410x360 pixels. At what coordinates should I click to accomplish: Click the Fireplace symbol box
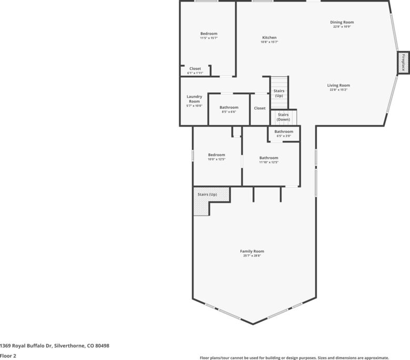tap(403, 63)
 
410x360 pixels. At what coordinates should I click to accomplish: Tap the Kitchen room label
tap(269, 38)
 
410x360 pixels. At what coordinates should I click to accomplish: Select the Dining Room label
tap(342, 22)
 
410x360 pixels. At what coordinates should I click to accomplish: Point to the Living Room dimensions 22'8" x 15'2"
tap(339, 90)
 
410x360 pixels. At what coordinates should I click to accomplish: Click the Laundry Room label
tap(194, 99)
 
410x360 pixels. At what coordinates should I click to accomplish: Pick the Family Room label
tap(252, 251)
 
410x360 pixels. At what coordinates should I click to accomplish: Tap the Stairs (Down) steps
tap(283, 117)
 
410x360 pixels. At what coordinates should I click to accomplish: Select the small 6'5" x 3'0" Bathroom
tap(284, 134)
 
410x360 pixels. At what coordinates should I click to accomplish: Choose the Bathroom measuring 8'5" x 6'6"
tap(229, 109)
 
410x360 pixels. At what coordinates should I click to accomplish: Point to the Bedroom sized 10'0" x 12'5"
tap(217, 157)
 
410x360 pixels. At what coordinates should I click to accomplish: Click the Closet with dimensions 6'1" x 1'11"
tap(195, 70)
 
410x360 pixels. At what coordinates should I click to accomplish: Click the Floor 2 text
tap(8, 356)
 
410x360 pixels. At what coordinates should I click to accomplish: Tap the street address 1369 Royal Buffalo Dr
tap(26, 346)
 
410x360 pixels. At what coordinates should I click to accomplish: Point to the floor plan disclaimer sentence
tap(294, 358)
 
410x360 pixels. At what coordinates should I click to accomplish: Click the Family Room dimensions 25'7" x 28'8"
tap(252, 256)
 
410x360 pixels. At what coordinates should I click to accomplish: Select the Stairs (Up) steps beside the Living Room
tap(279, 92)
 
